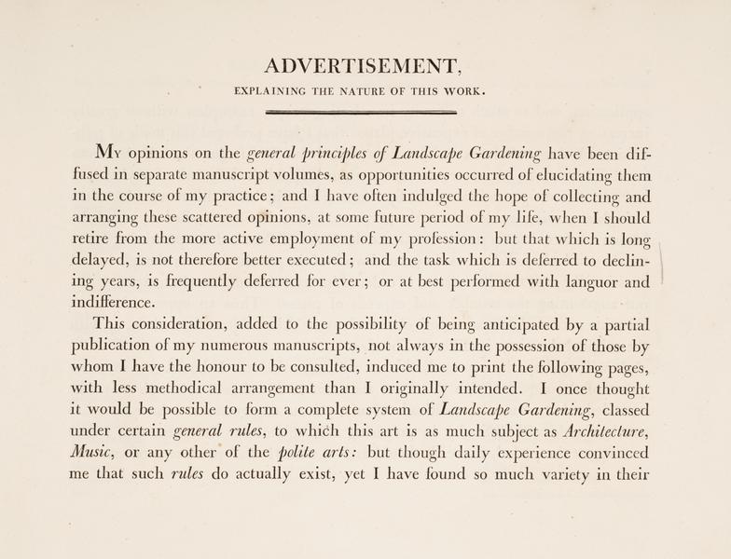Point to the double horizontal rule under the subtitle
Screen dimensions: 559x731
(x=361, y=113)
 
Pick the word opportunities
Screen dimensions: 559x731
(x=421, y=176)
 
